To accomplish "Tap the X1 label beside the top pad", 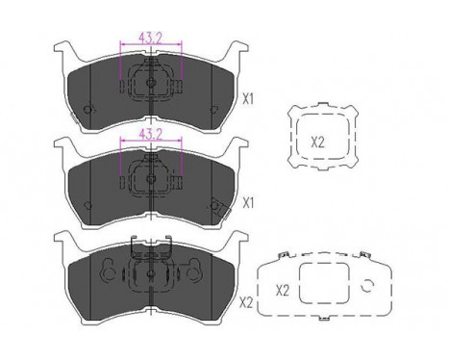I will (x=248, y=97).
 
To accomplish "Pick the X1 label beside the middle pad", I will (x=248, y=202).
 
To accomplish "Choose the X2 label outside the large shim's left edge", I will (x=245, y=301).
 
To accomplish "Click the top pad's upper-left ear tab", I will (x=64, y=50).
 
